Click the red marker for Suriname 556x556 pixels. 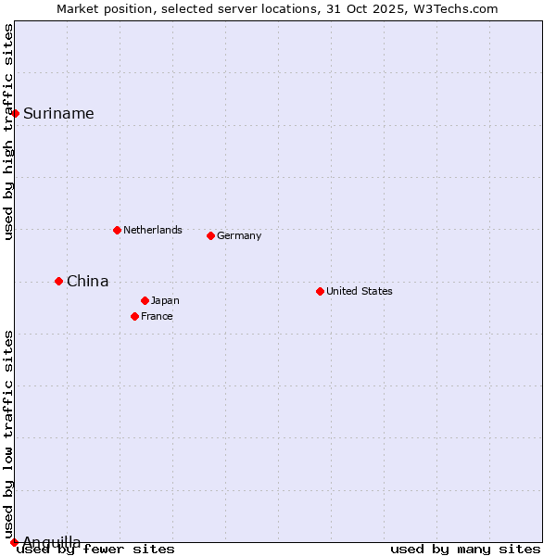tap(16, 113)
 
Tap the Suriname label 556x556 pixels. tap(58, 114)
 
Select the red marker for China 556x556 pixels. tap(58, 281)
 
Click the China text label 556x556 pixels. tap(87, 282)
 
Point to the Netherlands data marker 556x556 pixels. tap(117, 230)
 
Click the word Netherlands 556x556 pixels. tap(152, 230)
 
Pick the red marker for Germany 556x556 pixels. tap(210, 235)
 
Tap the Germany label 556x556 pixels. tap(239, 235)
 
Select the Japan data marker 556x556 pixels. tap(145, 300)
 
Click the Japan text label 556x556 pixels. tap(165, 300)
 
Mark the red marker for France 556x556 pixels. tap(134, 316)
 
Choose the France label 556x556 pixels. tap(157, 316)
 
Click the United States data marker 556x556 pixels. tap(320, 291)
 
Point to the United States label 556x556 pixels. tap(360, 291)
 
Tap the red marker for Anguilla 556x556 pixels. tap(14, 542)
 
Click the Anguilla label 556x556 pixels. tap(51, 542)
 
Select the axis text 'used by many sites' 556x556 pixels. tap(465, 549)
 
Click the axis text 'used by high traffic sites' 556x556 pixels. tap(8, 133)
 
